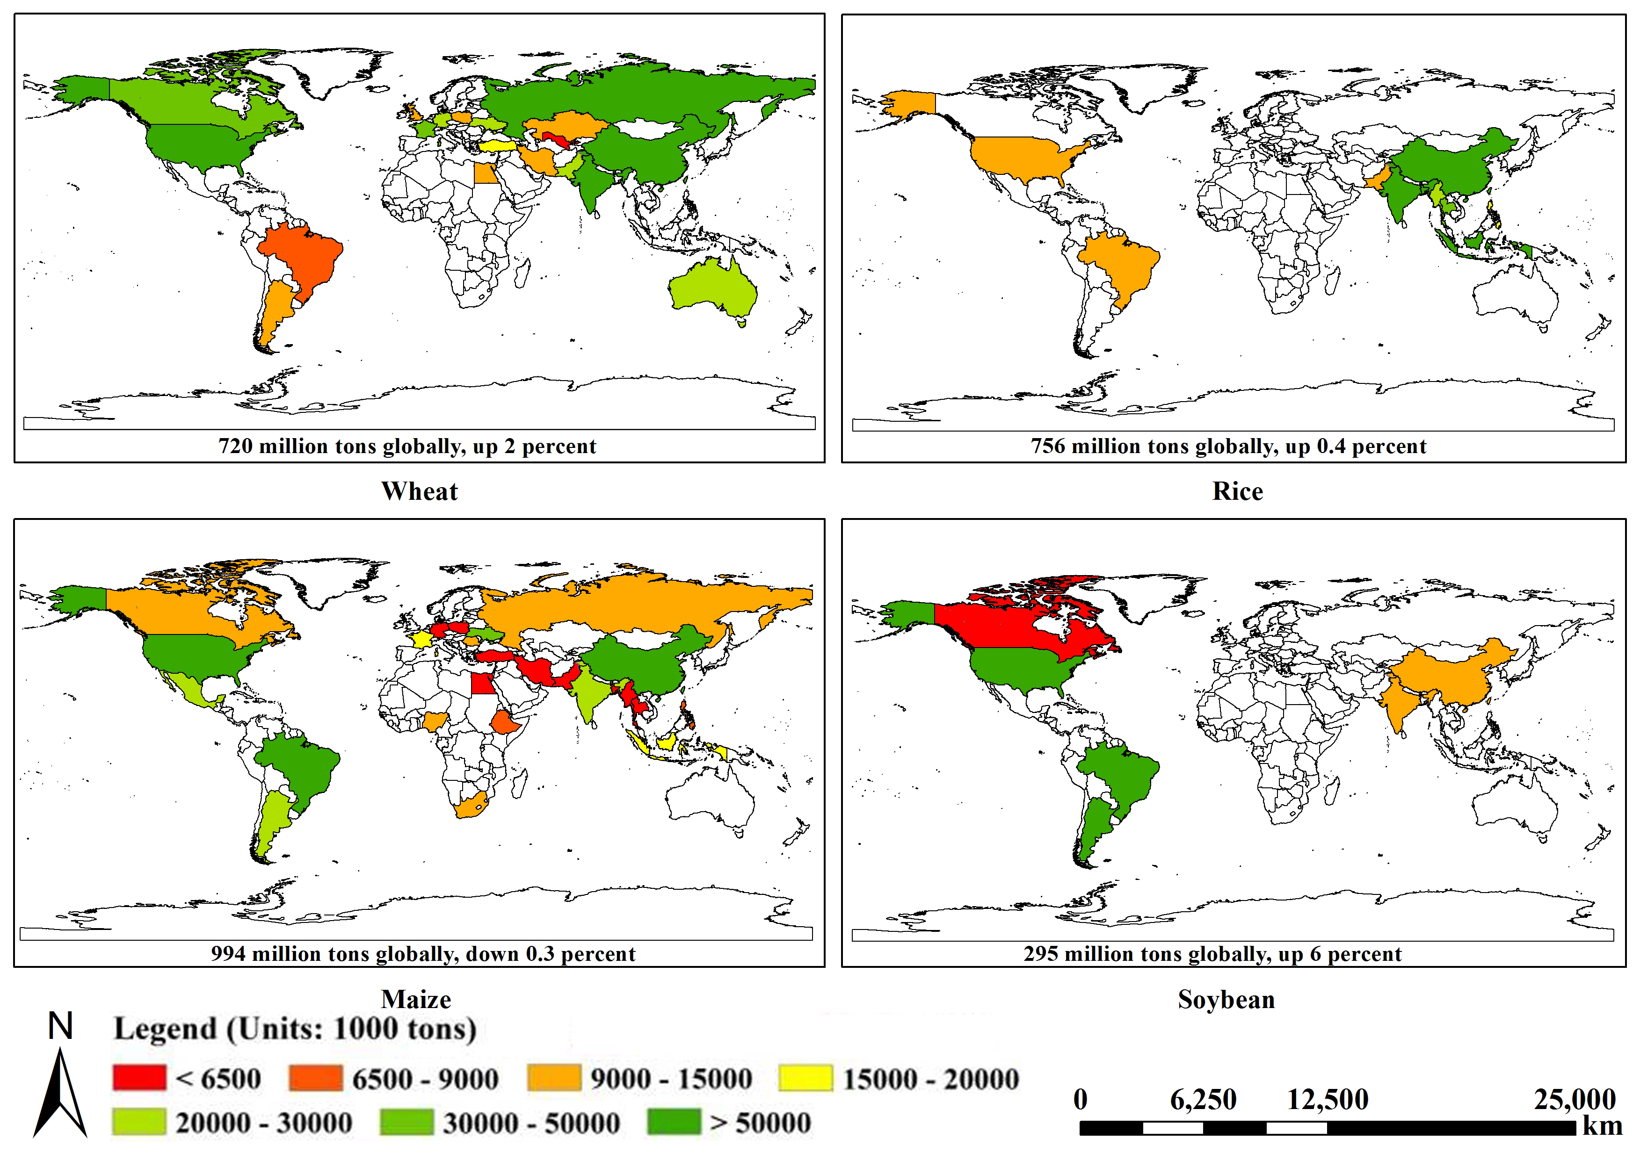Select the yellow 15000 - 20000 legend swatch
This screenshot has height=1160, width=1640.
(805, 1078)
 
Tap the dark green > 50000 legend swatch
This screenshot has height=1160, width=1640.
(674, 1122)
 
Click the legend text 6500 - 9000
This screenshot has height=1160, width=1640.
(425, 1079)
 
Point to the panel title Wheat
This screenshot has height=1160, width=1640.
(420, 491)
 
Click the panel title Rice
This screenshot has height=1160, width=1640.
(1238, 491)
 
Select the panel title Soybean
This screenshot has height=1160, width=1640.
(1226, 999)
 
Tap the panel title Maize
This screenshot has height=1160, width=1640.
(417, 999)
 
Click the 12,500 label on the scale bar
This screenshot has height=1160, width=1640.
(1328, 1099)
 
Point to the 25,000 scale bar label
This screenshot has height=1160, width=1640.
(1575, 1099)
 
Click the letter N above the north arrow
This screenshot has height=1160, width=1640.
(61, 1026)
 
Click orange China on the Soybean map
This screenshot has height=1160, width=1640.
(1451, 671)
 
